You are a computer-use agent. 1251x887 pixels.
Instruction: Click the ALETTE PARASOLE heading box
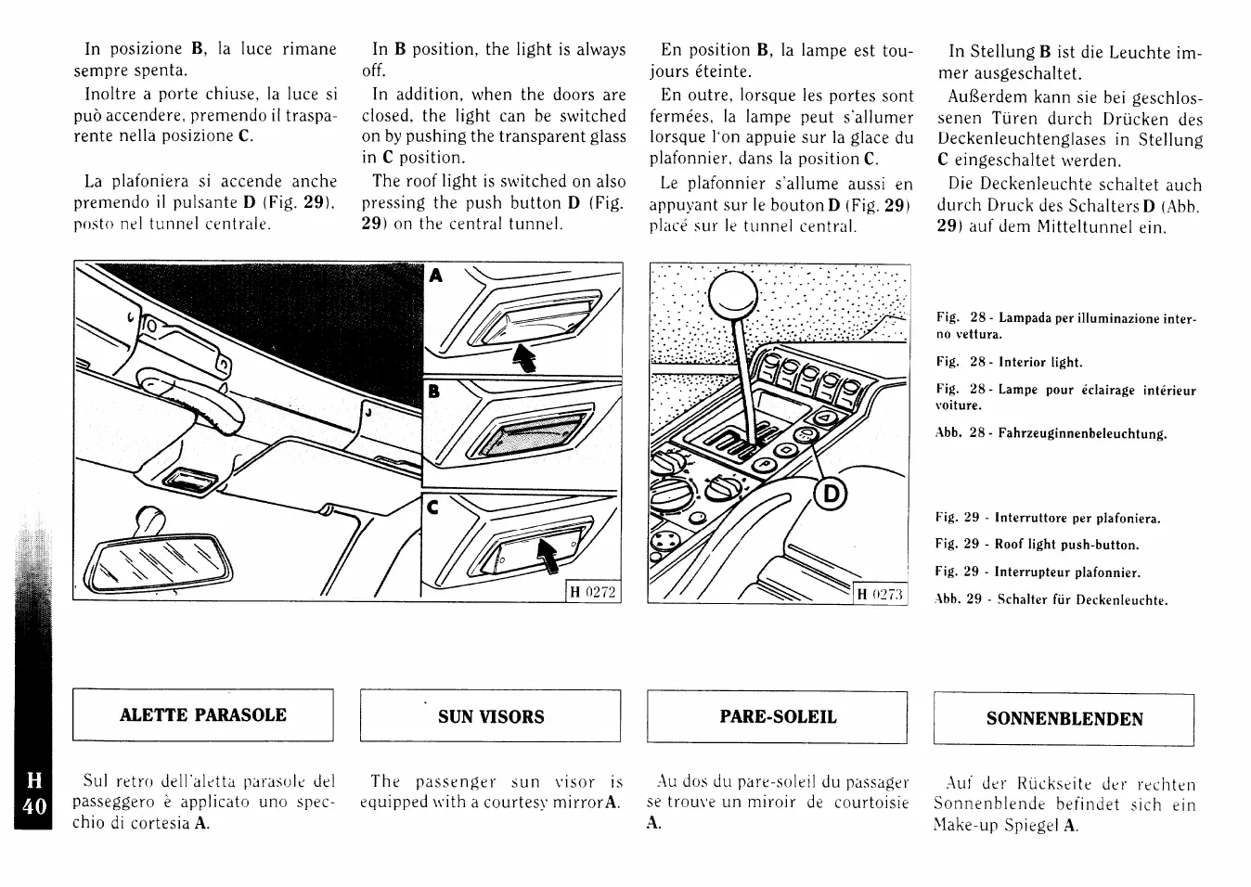point(202,714)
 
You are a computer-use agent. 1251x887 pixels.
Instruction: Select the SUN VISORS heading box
point(490,716)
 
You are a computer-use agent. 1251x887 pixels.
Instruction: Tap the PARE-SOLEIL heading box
point(777,717)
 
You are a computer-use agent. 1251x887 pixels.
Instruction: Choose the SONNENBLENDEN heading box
point(1064,719)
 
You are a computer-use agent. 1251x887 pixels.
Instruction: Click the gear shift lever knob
point(732,295)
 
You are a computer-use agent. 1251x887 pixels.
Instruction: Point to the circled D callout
point(830,495)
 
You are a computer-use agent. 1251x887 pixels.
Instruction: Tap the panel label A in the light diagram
point(436,276)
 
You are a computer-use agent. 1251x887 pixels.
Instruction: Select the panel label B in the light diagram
point(432,392)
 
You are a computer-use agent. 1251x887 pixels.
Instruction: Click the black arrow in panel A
point(525,357)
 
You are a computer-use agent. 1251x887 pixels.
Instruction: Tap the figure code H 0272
point(593,592)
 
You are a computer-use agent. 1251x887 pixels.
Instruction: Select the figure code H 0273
point(880,594)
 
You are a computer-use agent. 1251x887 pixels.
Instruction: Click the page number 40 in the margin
point(33,805)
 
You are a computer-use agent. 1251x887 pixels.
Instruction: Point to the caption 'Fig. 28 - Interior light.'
point(1009,362)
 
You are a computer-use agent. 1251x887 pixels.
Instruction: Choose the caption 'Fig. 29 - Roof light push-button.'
point(1037,545)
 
